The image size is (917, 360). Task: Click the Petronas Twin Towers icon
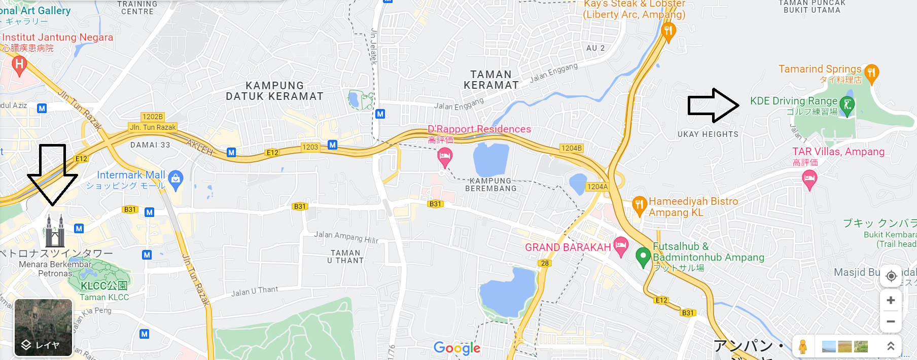[54, 231]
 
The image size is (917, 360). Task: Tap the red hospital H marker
[19, 65]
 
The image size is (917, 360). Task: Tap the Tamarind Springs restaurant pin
[871, 73]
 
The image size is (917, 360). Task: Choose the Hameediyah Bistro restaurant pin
[639, 205]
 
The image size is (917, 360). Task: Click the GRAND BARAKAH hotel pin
[621, 246]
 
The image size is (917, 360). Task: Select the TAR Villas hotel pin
[809, 179]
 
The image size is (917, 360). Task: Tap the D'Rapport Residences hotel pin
[445, 156]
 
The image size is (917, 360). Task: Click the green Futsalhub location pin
[643, 257]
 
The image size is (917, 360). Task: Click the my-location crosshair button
[891, 276]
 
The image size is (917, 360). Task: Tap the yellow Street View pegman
[802, 347]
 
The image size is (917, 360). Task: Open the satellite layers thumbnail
[43, 328]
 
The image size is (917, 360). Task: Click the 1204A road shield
[597, 187]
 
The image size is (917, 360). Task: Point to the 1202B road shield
[153, 117]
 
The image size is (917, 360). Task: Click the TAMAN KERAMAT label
[491, 80]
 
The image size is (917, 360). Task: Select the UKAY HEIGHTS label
[708, 134]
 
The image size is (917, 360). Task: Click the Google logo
[457, 348]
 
